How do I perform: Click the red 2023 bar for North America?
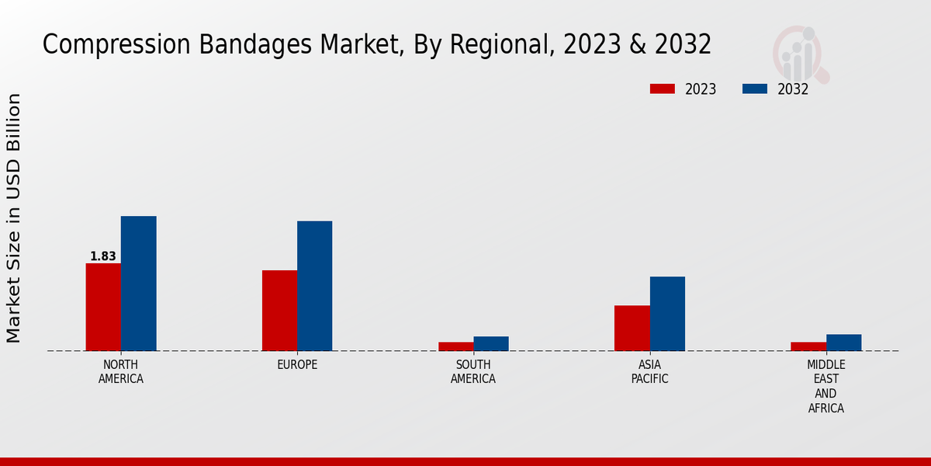click(103, 307)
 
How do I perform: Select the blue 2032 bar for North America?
click(138, 283)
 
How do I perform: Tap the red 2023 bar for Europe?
click(279, 311)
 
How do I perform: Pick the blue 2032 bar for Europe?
click(314, 286)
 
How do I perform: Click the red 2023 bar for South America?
click(455, 346)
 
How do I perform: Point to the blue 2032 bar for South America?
click(491, 343)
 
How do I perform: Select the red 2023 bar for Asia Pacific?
click(632, 328)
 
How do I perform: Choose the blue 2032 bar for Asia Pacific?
click(667, 314)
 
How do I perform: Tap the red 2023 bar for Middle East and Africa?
click(808, 346)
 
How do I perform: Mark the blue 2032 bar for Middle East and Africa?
click(843, 343)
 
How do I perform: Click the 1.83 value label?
click(103, 256)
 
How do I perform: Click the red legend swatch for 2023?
click(663, 89)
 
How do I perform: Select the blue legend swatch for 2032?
click(754, 89)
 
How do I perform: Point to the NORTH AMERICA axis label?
click(121, 372)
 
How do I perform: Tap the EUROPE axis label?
click(297, 365)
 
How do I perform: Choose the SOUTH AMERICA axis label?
click(473, 372)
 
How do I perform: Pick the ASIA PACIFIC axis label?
click(649, 372)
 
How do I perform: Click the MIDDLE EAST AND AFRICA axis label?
click(825, 387)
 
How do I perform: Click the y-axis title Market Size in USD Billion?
click(14, 217)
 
